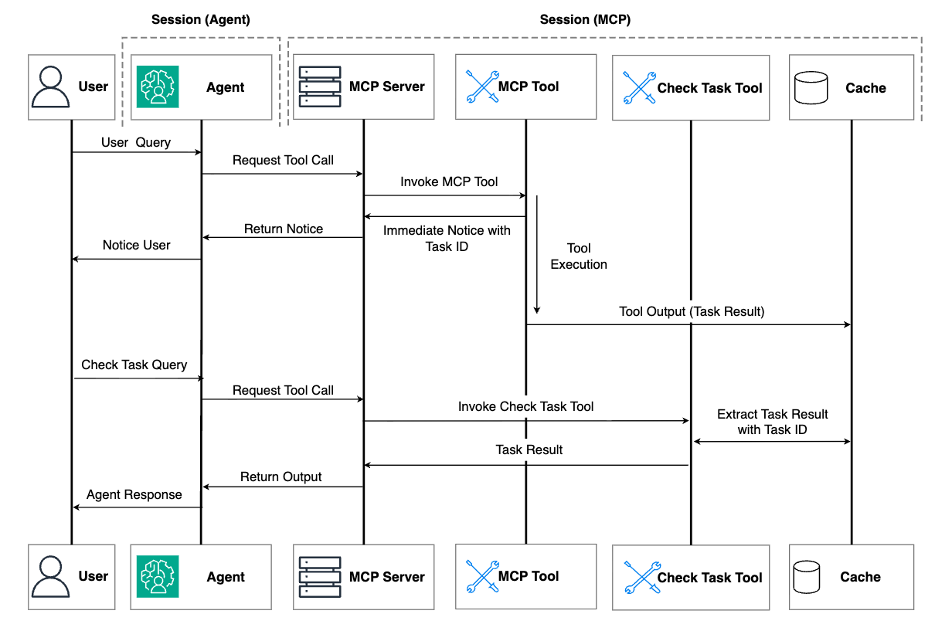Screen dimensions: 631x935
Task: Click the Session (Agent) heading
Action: (x=200, y=20)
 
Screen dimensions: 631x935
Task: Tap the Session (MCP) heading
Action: (x=585, y=20)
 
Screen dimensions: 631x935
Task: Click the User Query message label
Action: (x=136, y=143)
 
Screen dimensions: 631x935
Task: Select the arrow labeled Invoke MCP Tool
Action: (x=444, y=195)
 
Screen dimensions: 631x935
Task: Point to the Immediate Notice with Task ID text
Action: (x=447, y=238)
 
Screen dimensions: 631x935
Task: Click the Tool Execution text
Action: (x=579, y=256)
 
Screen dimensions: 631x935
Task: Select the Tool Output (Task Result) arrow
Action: (x=688, y=324)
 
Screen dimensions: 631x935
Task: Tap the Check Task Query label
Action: (x=134, y=365)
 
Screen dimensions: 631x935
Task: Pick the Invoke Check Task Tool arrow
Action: (x=525, y=421)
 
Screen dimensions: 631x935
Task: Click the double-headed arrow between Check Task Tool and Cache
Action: (x=772, y=442)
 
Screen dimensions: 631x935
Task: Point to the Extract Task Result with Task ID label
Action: (x=772, y=422)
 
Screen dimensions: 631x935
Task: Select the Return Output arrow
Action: (x=282, y=487)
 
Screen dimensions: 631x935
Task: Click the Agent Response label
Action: (x=134, y=494)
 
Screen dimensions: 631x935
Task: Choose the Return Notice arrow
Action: (x=282, y=238)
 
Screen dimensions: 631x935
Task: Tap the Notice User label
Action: (x=136, y=245)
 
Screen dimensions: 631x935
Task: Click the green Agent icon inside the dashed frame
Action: (x=158, y=87)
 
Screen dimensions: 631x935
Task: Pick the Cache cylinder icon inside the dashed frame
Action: (x=811, y=88)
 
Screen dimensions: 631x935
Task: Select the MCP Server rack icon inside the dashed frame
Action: (x=319, y=87)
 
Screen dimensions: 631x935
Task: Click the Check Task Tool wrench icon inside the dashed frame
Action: (x=639, y=88)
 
